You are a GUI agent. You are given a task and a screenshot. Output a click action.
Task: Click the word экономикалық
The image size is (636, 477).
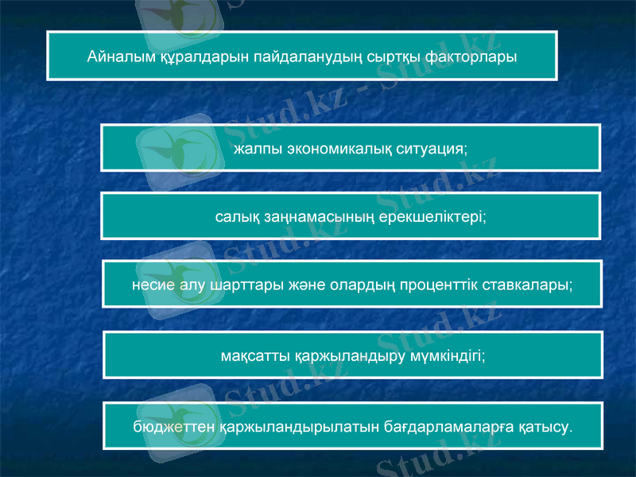point(337,149)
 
